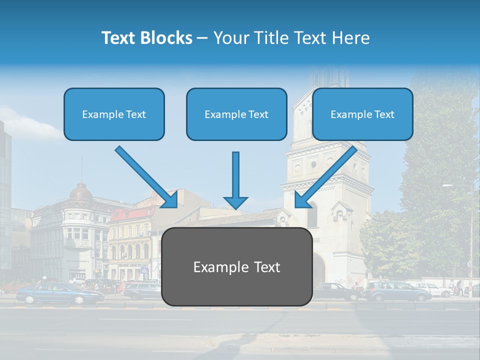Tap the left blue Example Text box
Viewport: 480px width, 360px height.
click(x=114, y=114)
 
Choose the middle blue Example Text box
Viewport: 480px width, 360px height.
click(x=236, y=114)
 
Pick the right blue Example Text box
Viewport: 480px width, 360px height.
click(x=362, y=114)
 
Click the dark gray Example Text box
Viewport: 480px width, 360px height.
click(x=236, y=266)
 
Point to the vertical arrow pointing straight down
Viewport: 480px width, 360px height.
click(x=235, y=180)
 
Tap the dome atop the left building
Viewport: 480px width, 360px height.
click(x=81, y=192)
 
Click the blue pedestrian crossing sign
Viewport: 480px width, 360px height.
click(x=145, y=270)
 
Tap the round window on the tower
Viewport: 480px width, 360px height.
click(x=313, y=164)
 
